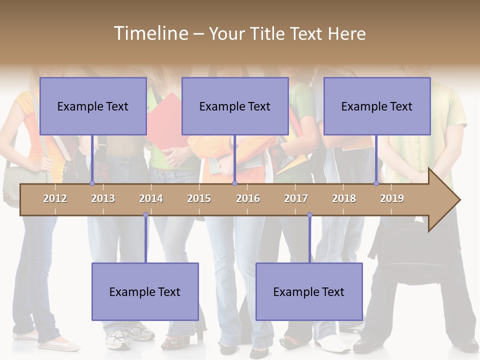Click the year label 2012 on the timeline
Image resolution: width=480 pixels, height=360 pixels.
tap(55, 198)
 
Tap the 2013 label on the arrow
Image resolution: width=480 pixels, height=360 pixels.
tap(103, 198)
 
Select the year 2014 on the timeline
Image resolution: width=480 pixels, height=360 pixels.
tap(151, 198)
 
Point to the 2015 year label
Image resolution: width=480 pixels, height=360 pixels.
tap(199, 198)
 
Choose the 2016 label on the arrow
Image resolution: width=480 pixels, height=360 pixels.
tap(248, 198)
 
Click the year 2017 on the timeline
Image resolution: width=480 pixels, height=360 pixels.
tap(296, 198)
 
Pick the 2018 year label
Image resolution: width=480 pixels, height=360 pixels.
tap(344, 198)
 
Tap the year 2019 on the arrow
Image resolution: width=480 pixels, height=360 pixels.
tap(392, 198)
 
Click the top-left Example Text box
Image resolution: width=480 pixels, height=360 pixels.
tap(93, 106)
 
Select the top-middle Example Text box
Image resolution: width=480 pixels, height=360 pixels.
tap(235, 106)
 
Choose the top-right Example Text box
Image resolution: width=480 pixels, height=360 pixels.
tap(377, 106)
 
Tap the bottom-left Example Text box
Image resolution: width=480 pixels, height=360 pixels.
tap(145, 292)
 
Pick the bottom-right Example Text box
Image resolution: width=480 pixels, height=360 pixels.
tap(309, 292)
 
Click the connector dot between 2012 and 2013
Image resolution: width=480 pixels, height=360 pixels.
tap(92, 183)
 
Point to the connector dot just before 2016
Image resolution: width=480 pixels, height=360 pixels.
tap(234, 183)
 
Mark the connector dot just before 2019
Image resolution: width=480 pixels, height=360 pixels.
tap(376, 183)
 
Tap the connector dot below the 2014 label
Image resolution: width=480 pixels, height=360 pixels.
tap(145, 215)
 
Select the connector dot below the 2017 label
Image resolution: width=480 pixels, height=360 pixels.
tap(309, 215)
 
